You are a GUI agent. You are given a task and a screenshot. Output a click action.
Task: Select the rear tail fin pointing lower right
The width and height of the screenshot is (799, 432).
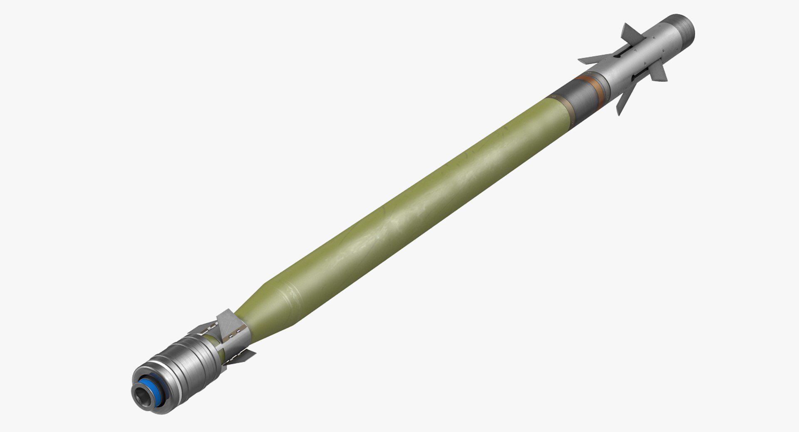(x=243, y=356)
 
